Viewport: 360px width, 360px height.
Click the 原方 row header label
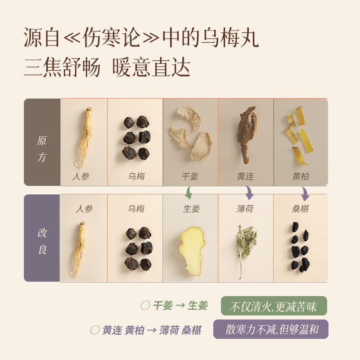[42, 148]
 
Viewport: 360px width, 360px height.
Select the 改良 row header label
[42, 241]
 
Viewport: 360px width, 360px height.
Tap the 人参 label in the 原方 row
[81, 176]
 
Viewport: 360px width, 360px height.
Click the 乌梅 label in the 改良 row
[136, 209]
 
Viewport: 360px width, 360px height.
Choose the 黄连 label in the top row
[245, 176]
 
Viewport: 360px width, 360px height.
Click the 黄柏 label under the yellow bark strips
[300, 176]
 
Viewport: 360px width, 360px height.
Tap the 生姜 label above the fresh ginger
[191, 209]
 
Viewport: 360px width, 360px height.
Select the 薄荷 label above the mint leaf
[245, 209]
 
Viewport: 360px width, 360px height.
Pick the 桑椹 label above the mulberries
[300, 209]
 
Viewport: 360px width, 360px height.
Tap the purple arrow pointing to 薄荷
[249, 193]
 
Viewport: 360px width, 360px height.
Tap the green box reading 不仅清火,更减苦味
[274, 306]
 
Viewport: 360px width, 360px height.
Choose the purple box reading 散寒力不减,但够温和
[270, 329]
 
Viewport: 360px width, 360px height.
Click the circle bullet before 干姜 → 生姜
[145, 306]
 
